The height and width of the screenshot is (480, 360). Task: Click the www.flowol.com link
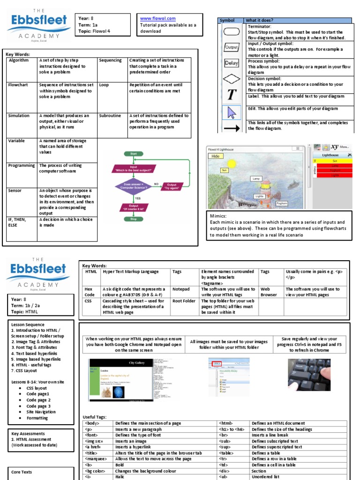(157, 18)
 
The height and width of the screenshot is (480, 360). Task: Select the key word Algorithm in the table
(18, 60)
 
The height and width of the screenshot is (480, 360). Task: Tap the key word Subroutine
(110, 115)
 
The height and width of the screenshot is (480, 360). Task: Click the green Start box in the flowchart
(133, 153)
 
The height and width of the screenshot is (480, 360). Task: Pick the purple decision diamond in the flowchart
(133, 186)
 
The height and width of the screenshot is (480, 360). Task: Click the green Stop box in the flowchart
(133, 218)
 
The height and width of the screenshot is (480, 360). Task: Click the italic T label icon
(231, 95)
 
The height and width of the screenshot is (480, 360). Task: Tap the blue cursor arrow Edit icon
(231, 112)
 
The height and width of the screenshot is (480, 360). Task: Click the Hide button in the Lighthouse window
(215, 156)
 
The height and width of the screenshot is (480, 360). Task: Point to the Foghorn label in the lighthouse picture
(281, 203)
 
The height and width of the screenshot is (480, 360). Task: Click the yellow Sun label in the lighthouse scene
(225, 170)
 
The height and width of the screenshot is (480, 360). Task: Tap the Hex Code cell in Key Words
(89, 292)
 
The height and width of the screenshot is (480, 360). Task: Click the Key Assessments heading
(28, 434)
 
